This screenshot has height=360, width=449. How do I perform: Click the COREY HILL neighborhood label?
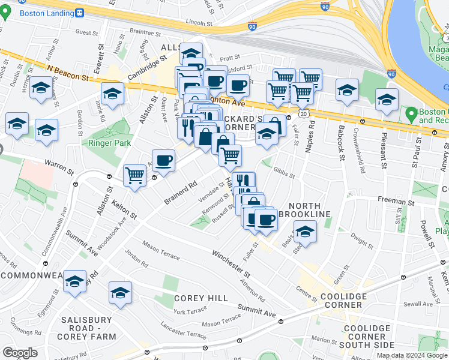coord(200,298)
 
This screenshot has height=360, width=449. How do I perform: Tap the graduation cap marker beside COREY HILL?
coord(120,293)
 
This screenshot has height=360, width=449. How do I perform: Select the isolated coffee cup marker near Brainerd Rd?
coord(163,160)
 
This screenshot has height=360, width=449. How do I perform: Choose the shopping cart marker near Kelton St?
coord(134,176)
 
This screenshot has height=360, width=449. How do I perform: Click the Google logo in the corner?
coord(20,352)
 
